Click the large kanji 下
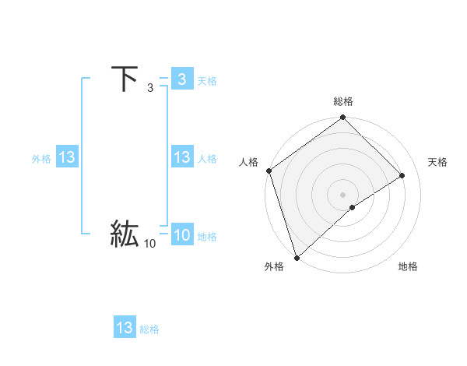[125, 79]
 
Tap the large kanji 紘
[125, 234]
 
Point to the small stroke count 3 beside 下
[150, 90]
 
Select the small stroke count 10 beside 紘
[149, 245]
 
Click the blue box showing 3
[181, 79]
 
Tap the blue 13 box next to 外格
[67, 158]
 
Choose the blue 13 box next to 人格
[181, 158]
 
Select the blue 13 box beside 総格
[125, 328]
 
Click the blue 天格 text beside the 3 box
[207, 81]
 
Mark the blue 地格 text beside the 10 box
[207, 237]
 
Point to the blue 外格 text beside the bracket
[41, 159]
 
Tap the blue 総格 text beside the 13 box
[149, 329]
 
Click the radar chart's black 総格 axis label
[343, 101]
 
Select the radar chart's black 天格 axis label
[437, 162]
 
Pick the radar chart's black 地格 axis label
[408, 266]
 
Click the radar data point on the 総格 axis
[343, 118]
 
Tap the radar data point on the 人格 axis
[269, 171]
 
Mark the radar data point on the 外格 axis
[297, 257]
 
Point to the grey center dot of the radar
[342, 195]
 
